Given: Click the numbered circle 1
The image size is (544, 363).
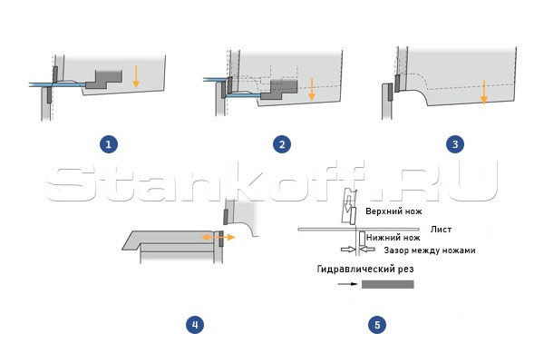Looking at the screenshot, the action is coord(109,144).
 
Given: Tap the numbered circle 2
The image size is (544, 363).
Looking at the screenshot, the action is coord(282,144).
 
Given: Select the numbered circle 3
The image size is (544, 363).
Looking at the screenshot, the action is coord(455,144).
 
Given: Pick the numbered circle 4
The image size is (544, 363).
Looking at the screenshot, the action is coord(195,325).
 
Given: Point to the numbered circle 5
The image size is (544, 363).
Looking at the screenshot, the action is coord(377,325).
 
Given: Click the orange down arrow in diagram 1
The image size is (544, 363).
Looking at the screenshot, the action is coord(136,76).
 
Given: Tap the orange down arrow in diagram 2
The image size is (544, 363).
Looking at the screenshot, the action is coord(312,89).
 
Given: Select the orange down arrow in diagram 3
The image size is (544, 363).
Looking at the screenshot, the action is coord(484,92).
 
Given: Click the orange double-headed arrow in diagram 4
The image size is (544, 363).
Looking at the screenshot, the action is coord(219,237).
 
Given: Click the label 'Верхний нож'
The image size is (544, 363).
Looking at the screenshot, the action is coord(393,211).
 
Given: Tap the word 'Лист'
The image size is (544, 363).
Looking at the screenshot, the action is coord(441,230).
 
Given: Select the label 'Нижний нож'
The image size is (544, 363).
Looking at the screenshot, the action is coord(393,238).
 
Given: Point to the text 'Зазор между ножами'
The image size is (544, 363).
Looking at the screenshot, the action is coord(430,250).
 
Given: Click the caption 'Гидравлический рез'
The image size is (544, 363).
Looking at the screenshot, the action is coord(365,269).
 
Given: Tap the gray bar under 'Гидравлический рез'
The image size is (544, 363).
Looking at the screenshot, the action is coord(388,284).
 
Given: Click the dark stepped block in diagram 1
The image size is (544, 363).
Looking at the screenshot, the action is coord(104,80).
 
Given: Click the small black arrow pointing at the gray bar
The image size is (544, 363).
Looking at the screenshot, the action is coord(347,284).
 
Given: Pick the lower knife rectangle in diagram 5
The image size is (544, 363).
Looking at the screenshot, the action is coord(362,239).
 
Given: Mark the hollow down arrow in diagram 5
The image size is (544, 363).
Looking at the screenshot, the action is coord(347,202).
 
